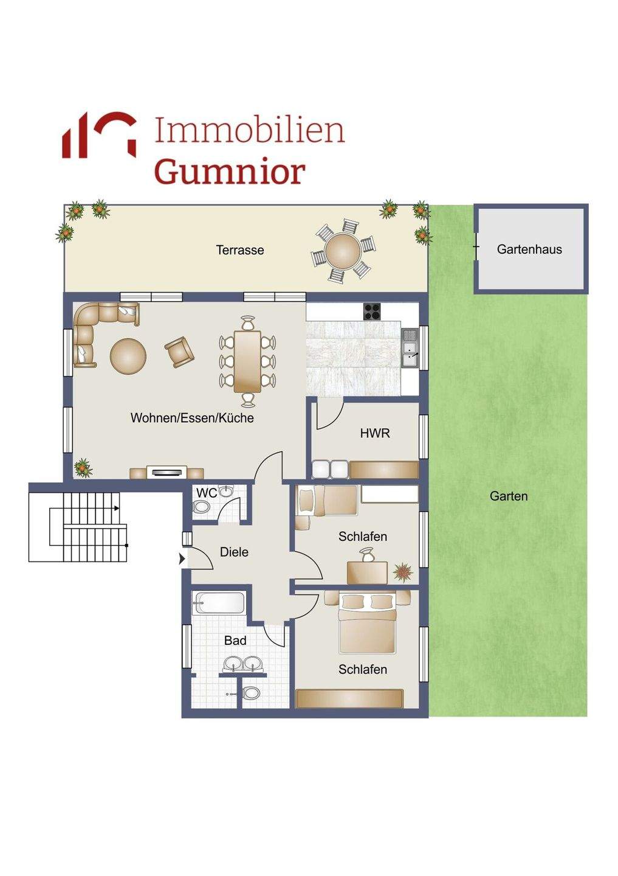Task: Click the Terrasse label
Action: [240, 250]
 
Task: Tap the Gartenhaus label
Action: [529, 249]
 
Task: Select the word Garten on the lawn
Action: [509, 496]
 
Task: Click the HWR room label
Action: [375, 433]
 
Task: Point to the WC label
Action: [206, 493]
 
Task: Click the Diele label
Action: [234, 552]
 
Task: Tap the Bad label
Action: [235, 641]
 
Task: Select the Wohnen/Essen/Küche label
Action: [192, 418]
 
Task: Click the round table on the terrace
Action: [342, 251]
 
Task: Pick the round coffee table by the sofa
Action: [128, 356]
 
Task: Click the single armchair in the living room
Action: [179, 352]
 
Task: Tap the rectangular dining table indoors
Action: [247, 361]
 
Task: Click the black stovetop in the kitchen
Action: [373, 311]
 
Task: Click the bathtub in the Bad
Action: [219, 603]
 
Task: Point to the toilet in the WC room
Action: [200, 506]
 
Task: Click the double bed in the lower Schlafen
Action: [368, 624]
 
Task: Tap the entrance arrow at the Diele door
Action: [182, 558]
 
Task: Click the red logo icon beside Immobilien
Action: [99, 135]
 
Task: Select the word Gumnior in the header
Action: [229, 172]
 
